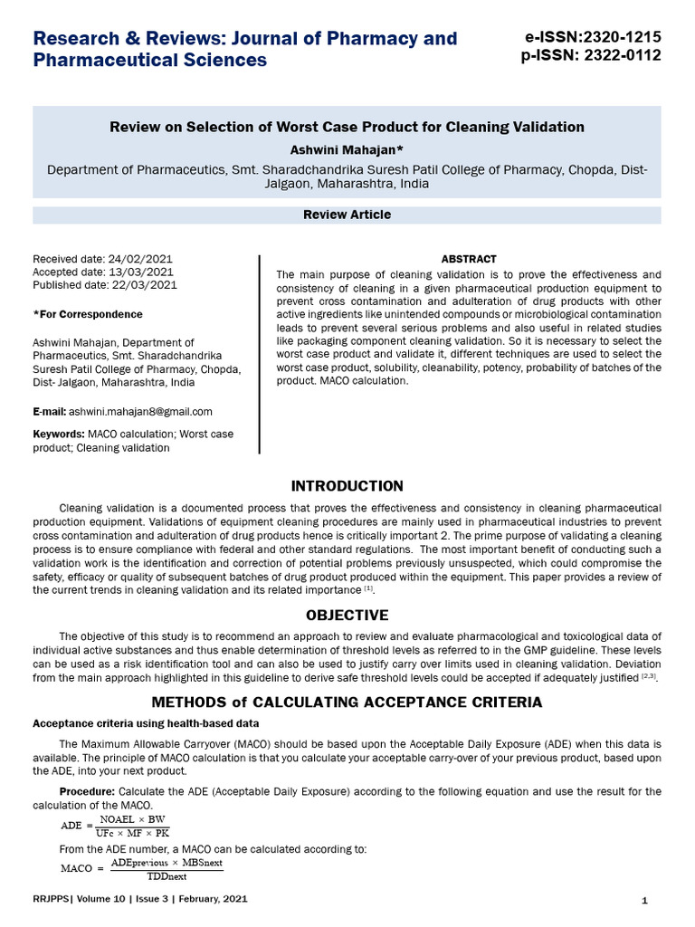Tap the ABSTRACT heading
pyautogui.click(x=468, y=260)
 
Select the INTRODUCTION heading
pyautogui.click(x=347, y=487)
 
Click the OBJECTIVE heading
pyautogui.click(x=347, y=616)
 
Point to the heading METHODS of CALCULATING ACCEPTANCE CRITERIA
pyautogui.click(x=347, y=702)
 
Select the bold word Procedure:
pyautogui.click(x=88, y=791)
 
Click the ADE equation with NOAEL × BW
pyautogui.click(x=114, y=826)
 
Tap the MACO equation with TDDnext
pyautogui.click(x=141, y=869)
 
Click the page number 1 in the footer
pyautogui.click(x=643, y=901)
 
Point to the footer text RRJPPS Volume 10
pyautogui.click(x=139, y=900)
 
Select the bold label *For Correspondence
pyautogui.click(x=88, y=314)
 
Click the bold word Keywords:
pyautogui.click(x=59, y=435)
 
